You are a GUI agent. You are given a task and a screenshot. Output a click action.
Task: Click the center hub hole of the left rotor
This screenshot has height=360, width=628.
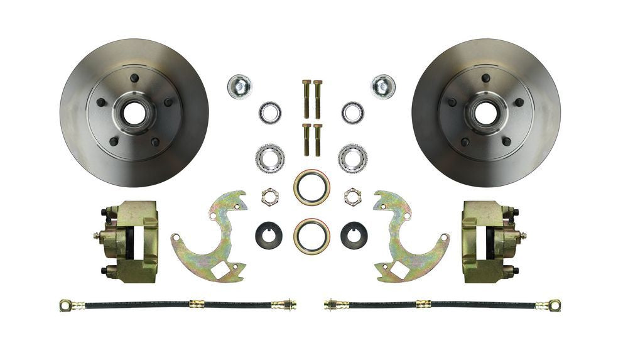tap(134, 113)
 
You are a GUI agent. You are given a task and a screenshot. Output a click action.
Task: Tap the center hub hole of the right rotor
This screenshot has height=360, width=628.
tap(485, 113)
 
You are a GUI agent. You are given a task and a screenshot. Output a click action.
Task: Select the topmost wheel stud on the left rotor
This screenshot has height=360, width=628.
tap(134, 78)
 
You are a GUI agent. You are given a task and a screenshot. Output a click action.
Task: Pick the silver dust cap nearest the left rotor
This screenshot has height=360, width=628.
tap(239, 86)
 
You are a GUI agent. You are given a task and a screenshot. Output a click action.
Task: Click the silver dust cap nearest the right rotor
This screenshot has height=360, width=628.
tap(382, 86)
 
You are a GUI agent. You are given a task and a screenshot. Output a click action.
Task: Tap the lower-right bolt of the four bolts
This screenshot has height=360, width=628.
tap(318, 139)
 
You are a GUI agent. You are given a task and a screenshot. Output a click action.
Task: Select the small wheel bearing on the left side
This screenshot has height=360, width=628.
tap(270, 113)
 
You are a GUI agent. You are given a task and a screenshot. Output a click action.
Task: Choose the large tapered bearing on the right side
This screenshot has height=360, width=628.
tap(353, 158)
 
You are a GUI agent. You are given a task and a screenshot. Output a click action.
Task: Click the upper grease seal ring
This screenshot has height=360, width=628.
tap(312, 187)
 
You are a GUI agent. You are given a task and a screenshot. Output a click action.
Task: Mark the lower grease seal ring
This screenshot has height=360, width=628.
tap(312, 236)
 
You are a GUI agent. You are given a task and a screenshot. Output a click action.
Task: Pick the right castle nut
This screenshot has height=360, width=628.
tap(353, 197)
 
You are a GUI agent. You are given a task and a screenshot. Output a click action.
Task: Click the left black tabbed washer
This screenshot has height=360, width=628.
tap(269, 236)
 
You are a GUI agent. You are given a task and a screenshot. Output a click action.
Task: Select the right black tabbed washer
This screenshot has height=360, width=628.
tap(354, 236)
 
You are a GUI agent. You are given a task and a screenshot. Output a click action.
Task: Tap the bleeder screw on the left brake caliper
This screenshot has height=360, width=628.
tap(97, 236)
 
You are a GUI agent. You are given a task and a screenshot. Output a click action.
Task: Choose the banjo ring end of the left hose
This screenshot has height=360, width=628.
tap(65, 305)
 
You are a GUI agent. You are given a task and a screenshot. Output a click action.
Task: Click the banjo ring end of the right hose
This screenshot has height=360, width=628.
tap(554, 305)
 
